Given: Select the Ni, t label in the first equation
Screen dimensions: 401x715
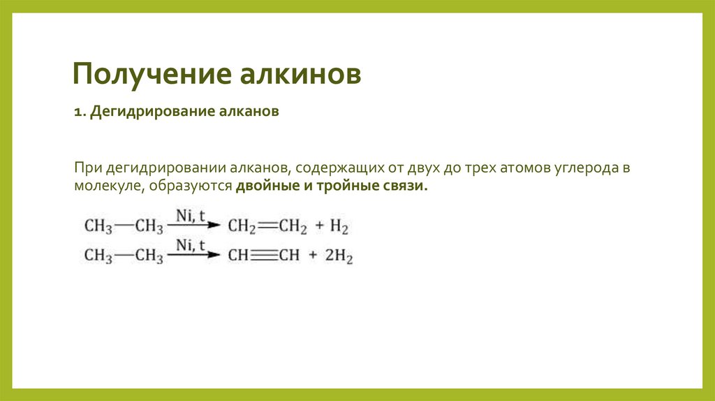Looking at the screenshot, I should (190, 217).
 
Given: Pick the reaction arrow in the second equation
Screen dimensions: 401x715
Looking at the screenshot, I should (193, 256).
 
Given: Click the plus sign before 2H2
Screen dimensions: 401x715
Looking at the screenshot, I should (311, 256).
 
